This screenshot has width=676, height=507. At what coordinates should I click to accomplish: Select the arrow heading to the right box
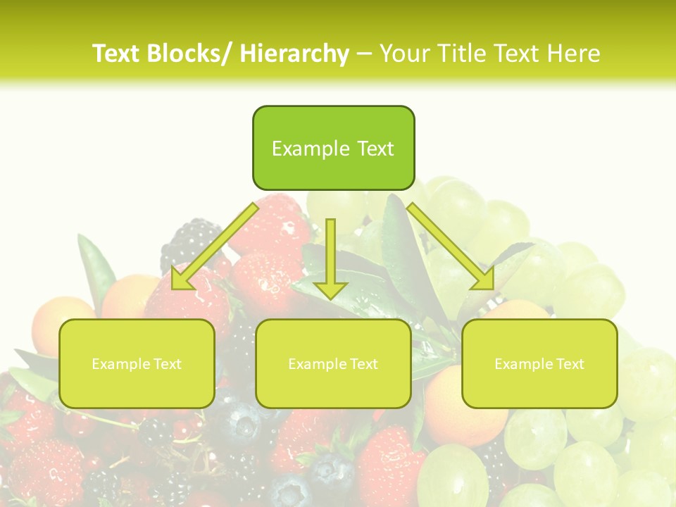point(451,246)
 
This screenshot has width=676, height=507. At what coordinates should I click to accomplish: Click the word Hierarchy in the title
point(294,54)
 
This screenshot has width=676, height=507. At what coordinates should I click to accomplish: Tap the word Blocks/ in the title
point(189,54)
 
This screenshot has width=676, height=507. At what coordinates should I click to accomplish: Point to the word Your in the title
point(404,54)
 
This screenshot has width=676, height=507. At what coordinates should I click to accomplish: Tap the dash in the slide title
point(364,54)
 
